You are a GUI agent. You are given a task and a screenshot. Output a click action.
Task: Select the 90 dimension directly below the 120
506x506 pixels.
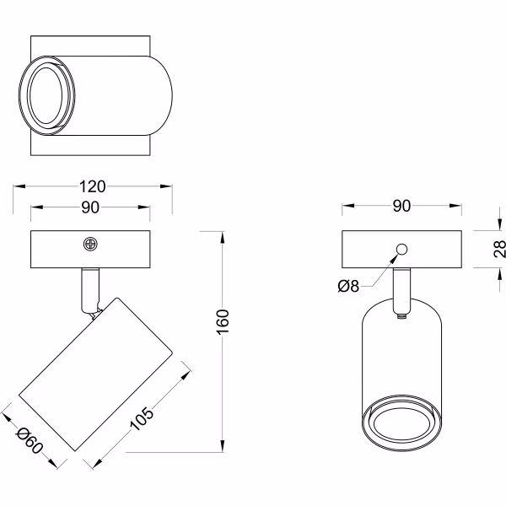pos(91,208)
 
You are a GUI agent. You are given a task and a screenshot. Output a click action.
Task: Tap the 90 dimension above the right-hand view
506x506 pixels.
pos(401,206)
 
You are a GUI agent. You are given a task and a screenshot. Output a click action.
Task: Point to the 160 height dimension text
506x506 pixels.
pos(223,320)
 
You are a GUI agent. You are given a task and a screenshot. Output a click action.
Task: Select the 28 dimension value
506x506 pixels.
pos(499,248)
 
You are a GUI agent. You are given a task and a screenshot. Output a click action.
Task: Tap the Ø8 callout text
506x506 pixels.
pos(348,286)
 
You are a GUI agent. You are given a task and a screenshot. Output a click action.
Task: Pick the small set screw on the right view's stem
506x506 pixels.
pos(401,318)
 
